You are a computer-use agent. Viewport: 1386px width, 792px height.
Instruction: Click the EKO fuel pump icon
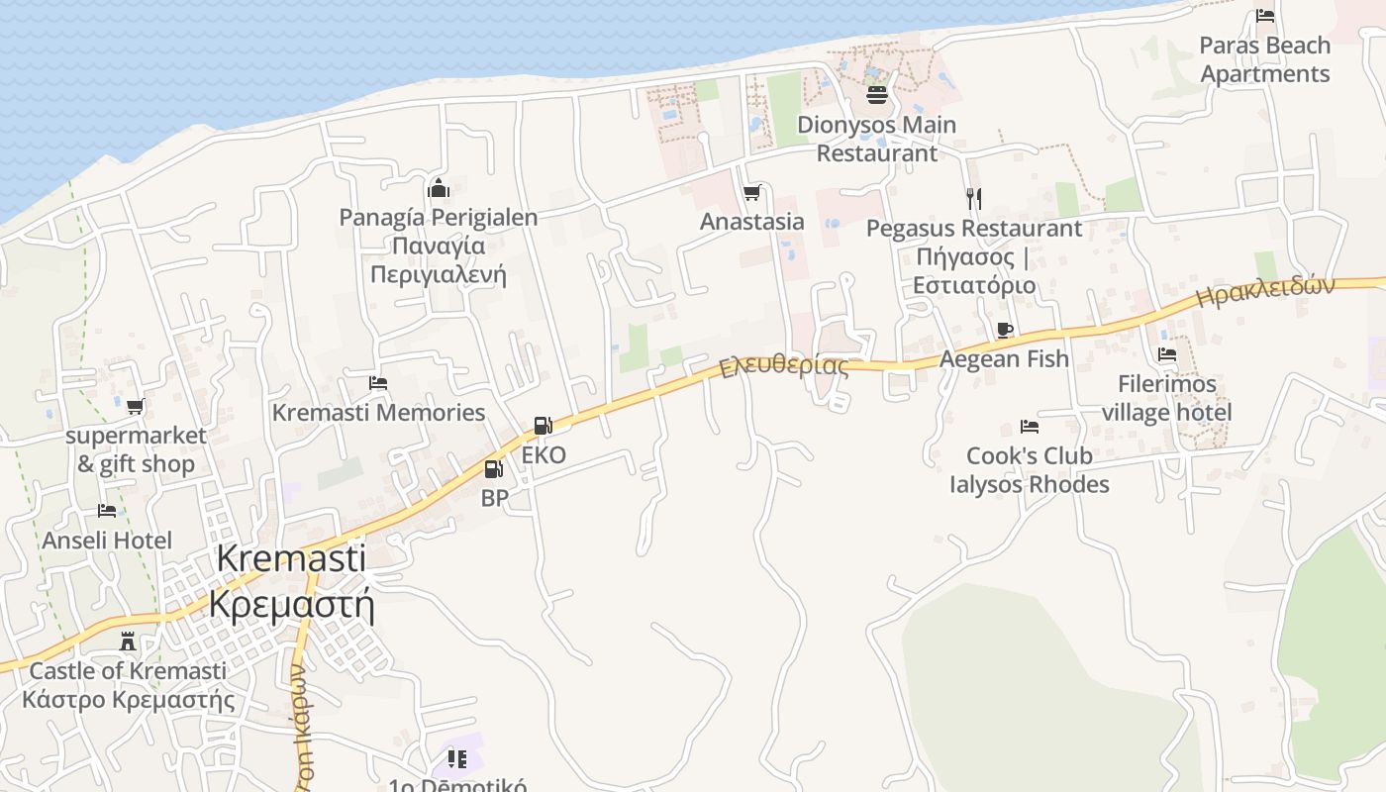pyautogui.click(x=543, y=426)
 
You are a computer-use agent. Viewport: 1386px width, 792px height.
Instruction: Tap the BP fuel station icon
pyautogui.click(x=493, y=470)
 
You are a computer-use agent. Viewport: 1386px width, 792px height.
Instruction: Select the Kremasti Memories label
pyautogui.click(x=378, y=413)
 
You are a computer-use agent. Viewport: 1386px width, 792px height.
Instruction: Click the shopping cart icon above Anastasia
pyautogui.click(x=752, y=192)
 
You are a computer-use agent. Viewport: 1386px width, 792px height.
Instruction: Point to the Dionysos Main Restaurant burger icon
pyautogui.click(x=877, y=95)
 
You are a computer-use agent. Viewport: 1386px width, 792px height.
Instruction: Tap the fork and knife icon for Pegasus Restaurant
pyautogui.click(x=974, y=199)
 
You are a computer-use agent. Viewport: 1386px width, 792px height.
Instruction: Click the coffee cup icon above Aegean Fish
pyautogui.click(x=1005, y=330)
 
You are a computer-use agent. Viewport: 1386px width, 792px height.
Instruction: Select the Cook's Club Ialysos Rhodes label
pyautogui.click(x=1030, y=470)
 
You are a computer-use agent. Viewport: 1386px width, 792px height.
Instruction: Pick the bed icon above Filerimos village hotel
pyautogui.click(x=1167, y=354)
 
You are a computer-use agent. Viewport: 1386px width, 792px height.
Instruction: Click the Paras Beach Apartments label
pyautogui.click(x=1265, y=59)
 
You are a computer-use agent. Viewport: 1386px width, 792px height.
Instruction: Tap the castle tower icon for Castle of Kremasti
pyautogui.click(x=127, y=642)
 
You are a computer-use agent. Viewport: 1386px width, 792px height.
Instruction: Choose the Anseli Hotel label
pyautogui.click(x=107, y=541)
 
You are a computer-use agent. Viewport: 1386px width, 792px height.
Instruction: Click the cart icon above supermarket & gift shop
pyautogui.click(x=136, y=406)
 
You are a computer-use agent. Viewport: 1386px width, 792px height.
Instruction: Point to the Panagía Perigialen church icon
pyautogui.click(x=439, y=188)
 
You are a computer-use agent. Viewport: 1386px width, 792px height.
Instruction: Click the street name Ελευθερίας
pyautogui.click(x=784, y=366)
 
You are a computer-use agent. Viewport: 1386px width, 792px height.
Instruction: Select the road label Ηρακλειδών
pyautogui.click(x=1265, y=291)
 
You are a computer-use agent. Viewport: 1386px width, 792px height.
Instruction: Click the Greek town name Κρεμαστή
pyautogui.click(x=291, y=603)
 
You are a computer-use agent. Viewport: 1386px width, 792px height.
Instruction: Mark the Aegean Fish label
pyautogui.click(x=1004, y=359)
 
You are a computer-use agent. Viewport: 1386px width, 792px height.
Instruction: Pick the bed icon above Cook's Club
pyautogui.click(x=1030, y=427)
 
